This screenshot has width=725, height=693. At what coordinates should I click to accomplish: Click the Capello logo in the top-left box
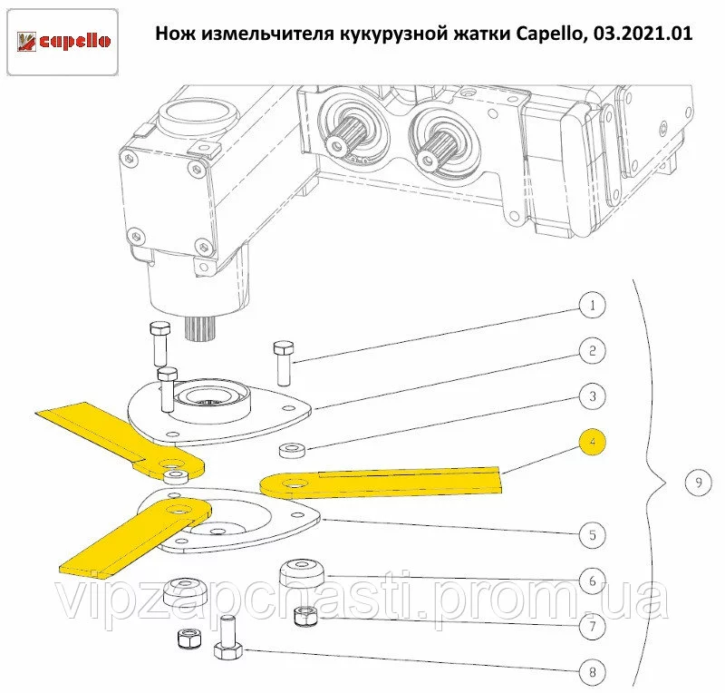pos(63,42)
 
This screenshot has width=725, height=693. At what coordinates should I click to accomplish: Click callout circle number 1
pos(593,306)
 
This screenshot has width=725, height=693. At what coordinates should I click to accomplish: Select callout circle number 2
pos(593,351)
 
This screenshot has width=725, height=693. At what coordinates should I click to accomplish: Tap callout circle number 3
pos(593,396)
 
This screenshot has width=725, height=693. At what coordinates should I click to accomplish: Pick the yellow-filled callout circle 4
pos(593,442)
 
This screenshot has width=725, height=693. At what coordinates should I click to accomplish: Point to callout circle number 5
pos(593,535)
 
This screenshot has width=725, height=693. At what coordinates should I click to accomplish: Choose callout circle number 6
pos(593,581)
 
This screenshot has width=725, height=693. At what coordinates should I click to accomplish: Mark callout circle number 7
pos(593,627)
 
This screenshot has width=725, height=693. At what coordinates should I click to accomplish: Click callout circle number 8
pos(593,672)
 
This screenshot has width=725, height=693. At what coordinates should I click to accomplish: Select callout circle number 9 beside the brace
pos(698,483)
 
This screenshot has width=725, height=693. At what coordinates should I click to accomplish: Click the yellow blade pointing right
pos(381,483)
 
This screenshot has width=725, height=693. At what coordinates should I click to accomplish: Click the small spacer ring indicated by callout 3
pos(292,450)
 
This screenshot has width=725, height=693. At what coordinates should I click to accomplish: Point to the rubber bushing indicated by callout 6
pos(302,573)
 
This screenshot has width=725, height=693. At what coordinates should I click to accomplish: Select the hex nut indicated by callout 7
pos(305,615)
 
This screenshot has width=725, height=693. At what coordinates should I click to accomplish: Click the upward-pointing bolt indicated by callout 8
pos(228,638)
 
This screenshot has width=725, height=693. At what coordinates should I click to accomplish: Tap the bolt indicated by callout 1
pos(284,364)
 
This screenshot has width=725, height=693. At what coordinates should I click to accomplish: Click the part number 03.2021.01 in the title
pos(643,34)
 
